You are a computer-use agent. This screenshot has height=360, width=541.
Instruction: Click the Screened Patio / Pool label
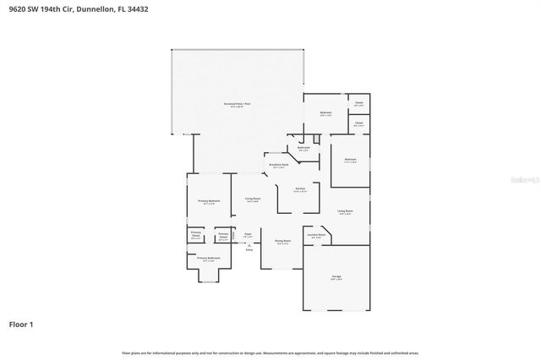pyautogui.click(x=237, y=105)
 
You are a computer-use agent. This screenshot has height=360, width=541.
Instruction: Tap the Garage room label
pyautogui.click(x=336, y=277)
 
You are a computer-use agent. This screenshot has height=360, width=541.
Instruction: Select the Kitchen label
pyautogui.click(x=299, y=189)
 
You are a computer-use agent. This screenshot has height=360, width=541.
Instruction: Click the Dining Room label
pyautogui.click(x=282, y=242)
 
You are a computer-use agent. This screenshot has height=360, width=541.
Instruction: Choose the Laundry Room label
pyautogui.click(x=315, y=236)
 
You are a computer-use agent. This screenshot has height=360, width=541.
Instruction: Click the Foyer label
pyautogui.click(x=248, y=234)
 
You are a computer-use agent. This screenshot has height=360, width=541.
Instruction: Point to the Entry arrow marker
pyautogui.click(x=249, y=244)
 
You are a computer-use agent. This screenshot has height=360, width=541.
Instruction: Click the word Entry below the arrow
pyautogui.click(x=249, y=250)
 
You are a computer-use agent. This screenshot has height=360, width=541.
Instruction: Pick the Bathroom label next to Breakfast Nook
pyautogui.click(x=303, y=149)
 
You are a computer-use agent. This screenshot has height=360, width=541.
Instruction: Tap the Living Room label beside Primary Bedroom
pyautogui.click(x=252, y=199)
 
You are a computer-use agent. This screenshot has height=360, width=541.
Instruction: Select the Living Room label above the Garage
pyautogui.click(x=345, y=211)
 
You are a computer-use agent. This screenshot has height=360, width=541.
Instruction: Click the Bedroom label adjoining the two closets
pyautogui.click(x=325, y=113)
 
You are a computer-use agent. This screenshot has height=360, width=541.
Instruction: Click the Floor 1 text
pyautogui.click(x=21, y=325)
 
